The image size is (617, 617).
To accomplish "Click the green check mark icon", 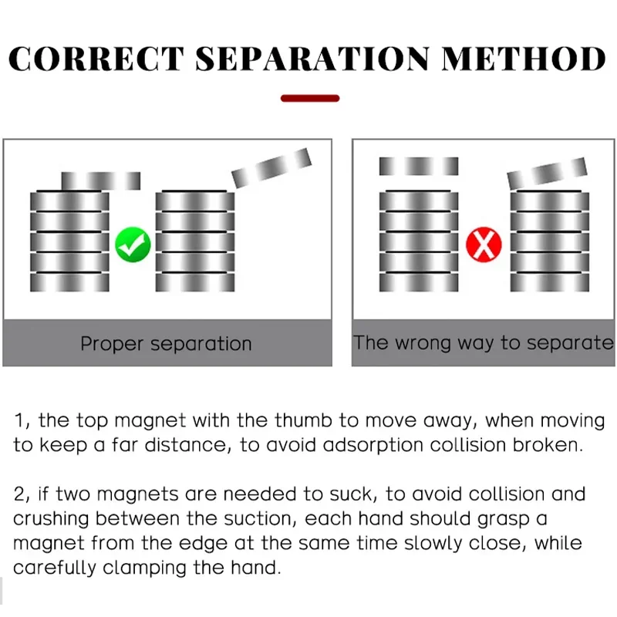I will tap(133, 246).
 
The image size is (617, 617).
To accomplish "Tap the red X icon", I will tap(484, 246).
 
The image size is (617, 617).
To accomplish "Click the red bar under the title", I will tap(310, 98).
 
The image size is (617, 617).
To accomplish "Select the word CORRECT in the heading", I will tap(96, 59).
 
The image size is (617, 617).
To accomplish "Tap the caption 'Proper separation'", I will tap(166, 343).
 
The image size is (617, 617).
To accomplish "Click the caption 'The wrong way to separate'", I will tap(484, 342).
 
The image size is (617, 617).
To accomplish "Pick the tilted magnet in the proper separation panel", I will tap(271, 167).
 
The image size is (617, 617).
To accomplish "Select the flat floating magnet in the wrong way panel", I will tap(419, 166).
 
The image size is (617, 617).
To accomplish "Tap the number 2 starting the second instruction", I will tap(19, 494).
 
